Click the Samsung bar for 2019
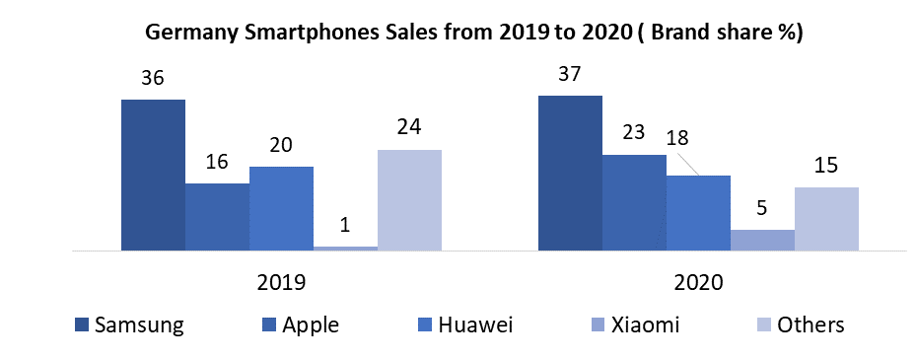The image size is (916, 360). pos(153,175)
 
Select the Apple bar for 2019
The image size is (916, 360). pos(217,216)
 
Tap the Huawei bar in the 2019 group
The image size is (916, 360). pos(281,208)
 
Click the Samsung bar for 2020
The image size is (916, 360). pos(570,173)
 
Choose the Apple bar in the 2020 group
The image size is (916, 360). pos(634,202)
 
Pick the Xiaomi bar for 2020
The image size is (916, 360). pos(762,240)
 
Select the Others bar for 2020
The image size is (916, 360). pos(826,218)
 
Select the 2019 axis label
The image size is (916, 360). pos(281,282)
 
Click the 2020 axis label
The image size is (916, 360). pos(698,282)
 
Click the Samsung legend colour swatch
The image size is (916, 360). pos(82,324)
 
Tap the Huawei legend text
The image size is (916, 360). pos(472,324)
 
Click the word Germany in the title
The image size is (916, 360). pos(191,32)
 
